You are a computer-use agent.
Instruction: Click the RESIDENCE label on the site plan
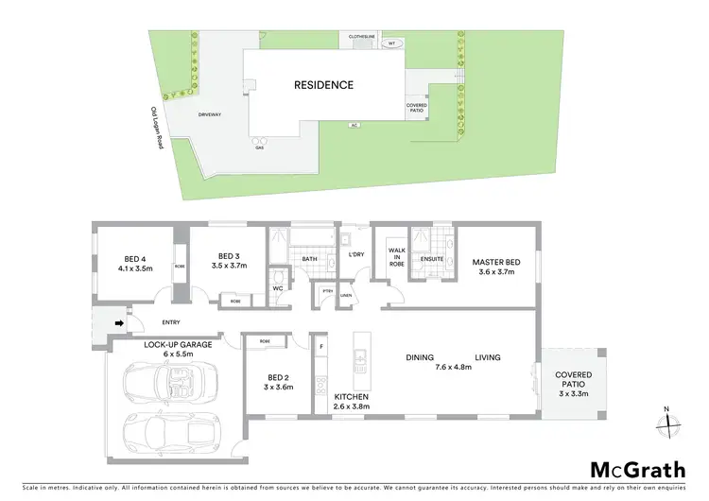[x=323, y=85]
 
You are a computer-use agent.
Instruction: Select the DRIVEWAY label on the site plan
[x=210, y=113]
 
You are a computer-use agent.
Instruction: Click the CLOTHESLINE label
[x=362, y=36]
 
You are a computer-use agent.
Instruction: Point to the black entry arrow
[x=118, y=323]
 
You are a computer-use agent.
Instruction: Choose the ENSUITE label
[x=433, y=257]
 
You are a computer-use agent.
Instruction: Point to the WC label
[x=279, y=288]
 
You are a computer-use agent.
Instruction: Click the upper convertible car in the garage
[x=170, y=383]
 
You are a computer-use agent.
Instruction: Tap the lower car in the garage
[x=172, y=432]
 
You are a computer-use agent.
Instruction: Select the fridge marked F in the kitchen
[x=321, y=347]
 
